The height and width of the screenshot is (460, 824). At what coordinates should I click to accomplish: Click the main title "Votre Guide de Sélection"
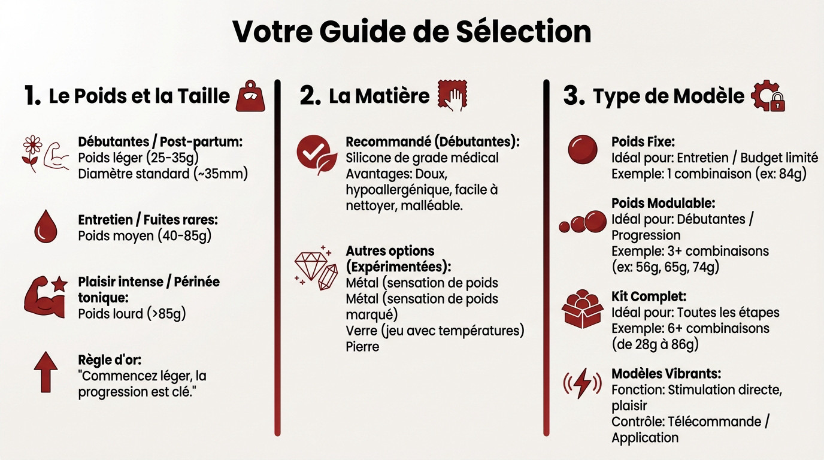(x=411, y=32)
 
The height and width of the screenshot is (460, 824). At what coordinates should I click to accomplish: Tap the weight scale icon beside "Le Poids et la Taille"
(x=250, y=96)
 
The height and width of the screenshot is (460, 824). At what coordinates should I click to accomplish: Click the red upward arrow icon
(x=46, y=372)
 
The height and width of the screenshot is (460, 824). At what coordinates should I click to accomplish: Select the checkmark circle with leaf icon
(x=317, y=154)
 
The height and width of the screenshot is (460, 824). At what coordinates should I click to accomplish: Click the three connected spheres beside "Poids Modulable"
(x=583, y=222)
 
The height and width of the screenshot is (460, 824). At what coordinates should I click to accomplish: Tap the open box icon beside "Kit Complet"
(x=582, y=308)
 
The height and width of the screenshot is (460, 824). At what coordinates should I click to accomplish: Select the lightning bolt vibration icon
(x=582, y=385)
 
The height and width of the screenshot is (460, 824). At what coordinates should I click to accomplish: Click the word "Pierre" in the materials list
(x=362, y=346)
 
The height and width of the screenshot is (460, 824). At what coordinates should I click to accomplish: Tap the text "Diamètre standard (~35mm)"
(x=163, y=174)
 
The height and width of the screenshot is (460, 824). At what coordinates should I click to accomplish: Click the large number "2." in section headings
(x=310, y=96)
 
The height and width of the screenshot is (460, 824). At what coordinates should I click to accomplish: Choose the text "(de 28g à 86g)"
(x=655, y=344)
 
